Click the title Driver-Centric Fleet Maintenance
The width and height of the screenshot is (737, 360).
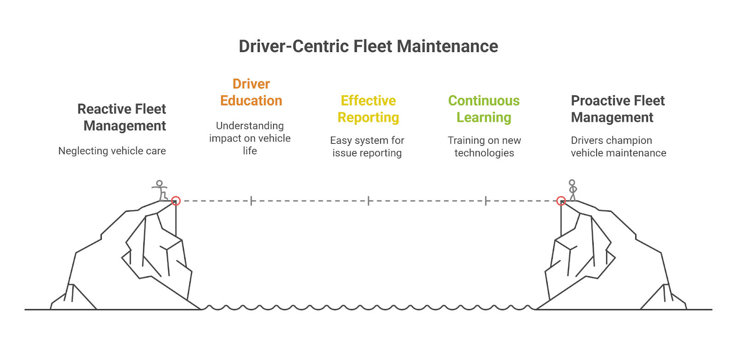click(x=368, y=46)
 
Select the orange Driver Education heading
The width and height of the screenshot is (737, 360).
click(x=251, y=92)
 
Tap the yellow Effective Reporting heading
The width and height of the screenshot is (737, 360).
click(x=368, y=109)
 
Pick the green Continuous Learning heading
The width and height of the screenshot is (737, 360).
click(x=484, y=109)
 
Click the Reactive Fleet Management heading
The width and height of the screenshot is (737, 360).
click(x=122, y=117)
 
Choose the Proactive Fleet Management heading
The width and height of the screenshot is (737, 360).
click(x=617, y=109)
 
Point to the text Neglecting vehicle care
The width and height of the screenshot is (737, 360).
click(x=112, y=151)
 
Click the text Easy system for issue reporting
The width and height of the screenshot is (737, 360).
click(x=367, y=146)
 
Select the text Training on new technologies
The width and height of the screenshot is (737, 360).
click(x=484, y=146)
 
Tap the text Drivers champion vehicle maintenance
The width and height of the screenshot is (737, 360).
click(x=618, y=146)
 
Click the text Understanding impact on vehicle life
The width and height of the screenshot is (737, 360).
click(x=250, y=138)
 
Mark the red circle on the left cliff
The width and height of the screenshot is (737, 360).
click(x=175, y=201)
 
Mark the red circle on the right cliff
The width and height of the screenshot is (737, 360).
click(x=561, y=201)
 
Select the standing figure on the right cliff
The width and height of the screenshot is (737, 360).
click(x=573, y=190)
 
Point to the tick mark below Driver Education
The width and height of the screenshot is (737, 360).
click(x=251, y=201)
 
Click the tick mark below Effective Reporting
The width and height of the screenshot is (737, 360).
click(x=368, y=201)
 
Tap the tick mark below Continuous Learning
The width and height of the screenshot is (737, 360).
click(x=486, y=201)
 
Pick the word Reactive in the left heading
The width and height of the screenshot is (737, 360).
click(x=101, y=109)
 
